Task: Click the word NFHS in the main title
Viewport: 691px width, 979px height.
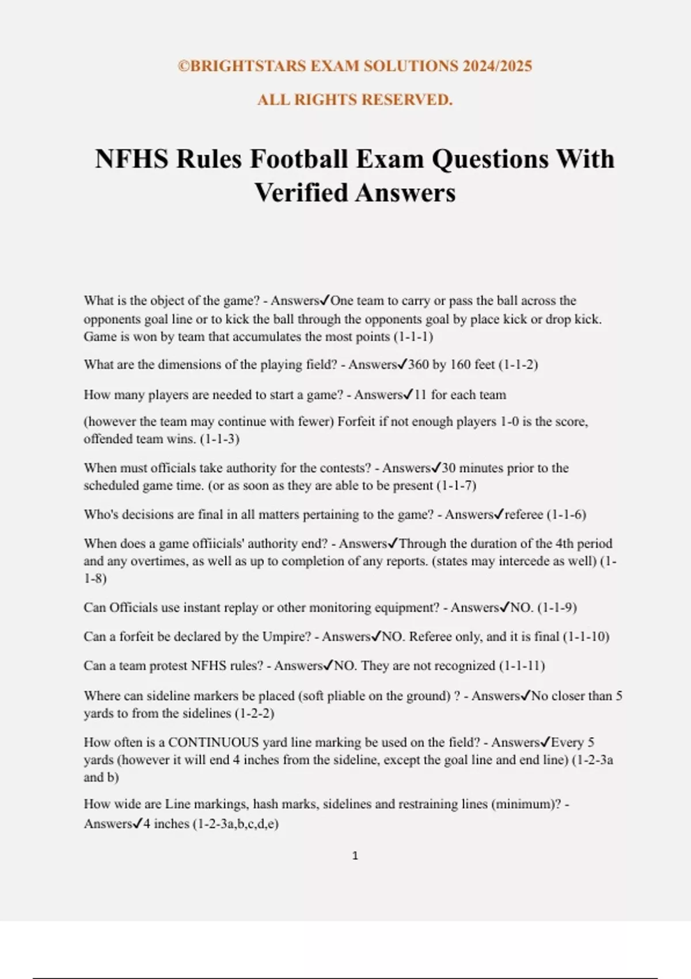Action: coord(132,159)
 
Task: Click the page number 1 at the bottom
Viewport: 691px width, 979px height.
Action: coord(355,856)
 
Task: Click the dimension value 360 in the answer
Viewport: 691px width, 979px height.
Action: coord(419,365)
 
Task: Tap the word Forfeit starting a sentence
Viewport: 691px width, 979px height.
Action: coord(356,422)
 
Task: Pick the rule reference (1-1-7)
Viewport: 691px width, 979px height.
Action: coord(456,485)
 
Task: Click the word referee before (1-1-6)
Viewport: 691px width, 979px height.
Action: coord(523,514)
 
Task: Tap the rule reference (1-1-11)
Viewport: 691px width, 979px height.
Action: coord(522,666)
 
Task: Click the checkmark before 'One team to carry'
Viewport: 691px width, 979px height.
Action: coord(325,300)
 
